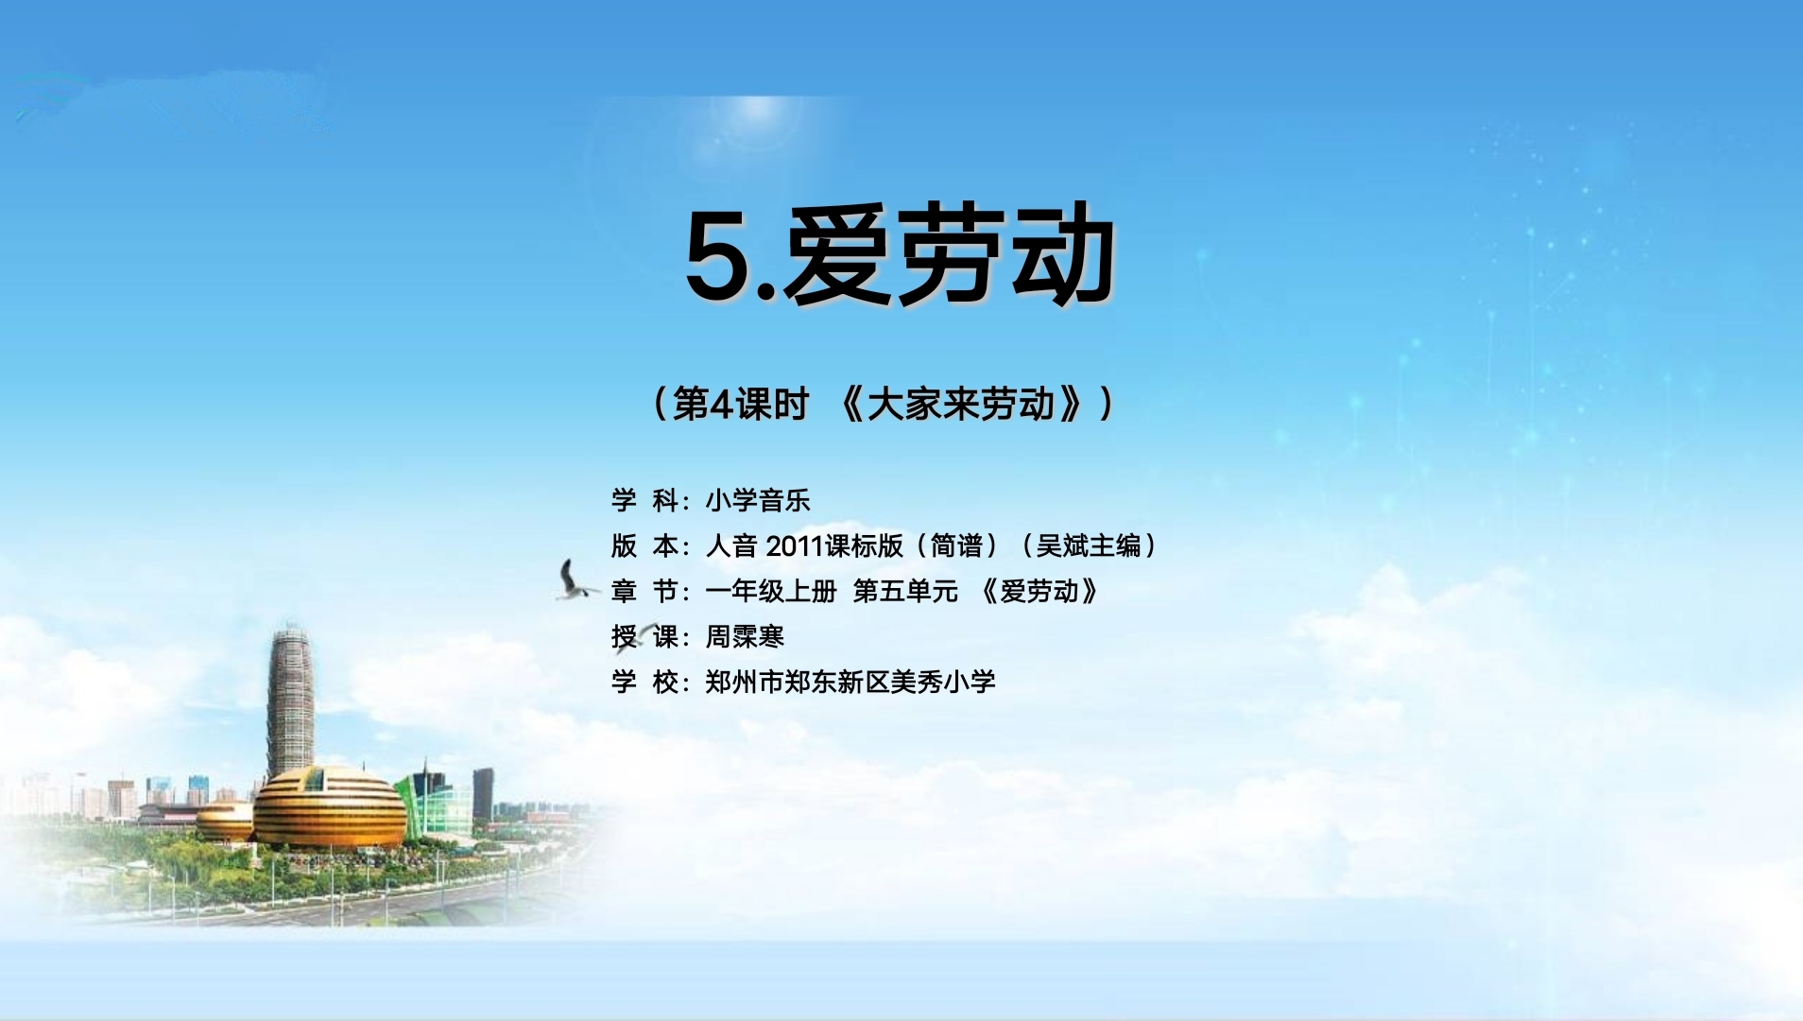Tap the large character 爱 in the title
836,253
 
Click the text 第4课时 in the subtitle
741,405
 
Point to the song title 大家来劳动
960,405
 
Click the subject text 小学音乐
758,500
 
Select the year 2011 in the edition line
794,545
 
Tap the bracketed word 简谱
956,545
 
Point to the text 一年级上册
771,591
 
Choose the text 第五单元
905,591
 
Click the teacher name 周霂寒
745,636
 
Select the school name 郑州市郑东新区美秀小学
850,682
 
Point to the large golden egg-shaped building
330,806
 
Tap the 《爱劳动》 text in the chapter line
1039,591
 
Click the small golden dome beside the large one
225,822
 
